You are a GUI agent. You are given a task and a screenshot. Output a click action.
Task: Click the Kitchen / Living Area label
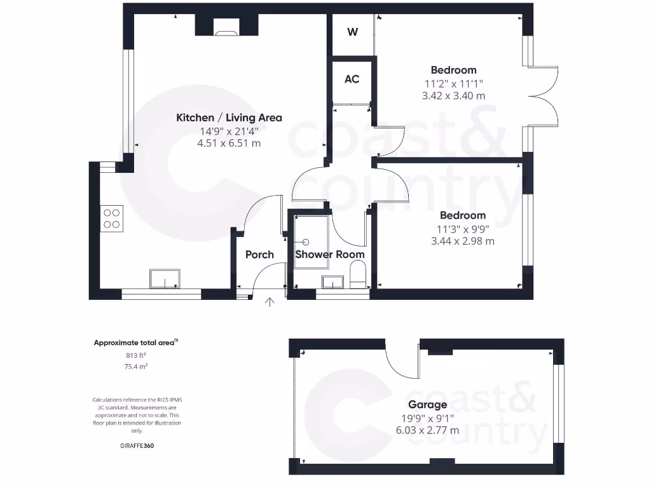[229, 118]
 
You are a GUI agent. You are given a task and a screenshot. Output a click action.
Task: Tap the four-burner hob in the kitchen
[112, 218]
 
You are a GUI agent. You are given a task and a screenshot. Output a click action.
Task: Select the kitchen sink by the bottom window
[165, 278]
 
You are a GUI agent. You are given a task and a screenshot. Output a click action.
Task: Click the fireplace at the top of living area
[225, 28]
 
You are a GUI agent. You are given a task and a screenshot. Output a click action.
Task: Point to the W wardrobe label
[352, 32]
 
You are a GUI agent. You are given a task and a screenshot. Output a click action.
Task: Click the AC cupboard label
[352, 79]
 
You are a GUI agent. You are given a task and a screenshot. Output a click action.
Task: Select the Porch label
[259, 255]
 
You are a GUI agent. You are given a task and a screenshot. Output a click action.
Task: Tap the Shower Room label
[330, 255]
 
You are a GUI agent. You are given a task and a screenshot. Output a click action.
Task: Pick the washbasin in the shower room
[333, 281]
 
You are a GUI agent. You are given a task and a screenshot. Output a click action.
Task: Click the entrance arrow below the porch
[270, 302]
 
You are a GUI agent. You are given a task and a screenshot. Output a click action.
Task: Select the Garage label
[427, 405]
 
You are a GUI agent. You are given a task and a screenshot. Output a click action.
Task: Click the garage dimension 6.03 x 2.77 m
[427, 430]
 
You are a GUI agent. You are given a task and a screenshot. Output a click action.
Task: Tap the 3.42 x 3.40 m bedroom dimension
[453, 96]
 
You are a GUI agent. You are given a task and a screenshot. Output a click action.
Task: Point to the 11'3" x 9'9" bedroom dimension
[462, 229]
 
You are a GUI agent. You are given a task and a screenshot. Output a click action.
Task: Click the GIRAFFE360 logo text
[137, 446]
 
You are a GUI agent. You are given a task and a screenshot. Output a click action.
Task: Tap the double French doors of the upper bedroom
[544, 97]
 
